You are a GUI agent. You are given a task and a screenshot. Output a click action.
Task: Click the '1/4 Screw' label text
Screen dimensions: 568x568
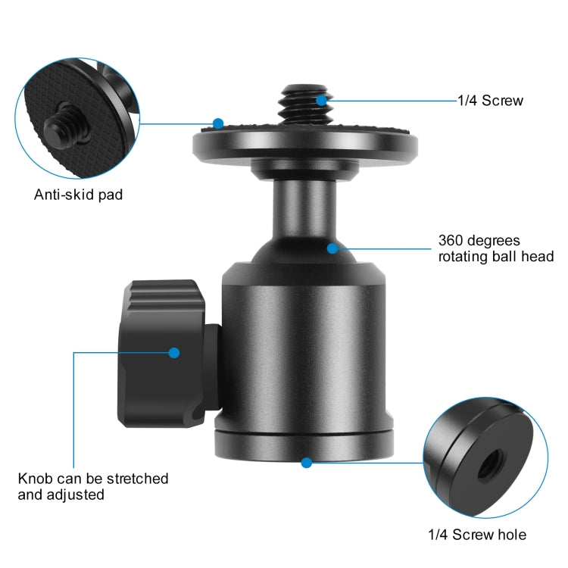click(490, 100)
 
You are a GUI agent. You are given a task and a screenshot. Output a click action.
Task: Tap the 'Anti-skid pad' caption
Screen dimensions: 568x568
click(78, 195)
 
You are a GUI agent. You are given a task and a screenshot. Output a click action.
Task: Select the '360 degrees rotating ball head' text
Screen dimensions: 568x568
click(495, 249)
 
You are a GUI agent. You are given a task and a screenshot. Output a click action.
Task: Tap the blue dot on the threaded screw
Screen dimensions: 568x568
click(321, 99)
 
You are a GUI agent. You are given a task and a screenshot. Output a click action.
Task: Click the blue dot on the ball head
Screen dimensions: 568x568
click(332, 247)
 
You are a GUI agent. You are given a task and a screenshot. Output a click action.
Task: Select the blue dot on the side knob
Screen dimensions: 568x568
click(174, 352)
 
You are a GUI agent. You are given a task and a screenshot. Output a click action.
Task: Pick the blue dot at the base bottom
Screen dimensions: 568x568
click(306, 462)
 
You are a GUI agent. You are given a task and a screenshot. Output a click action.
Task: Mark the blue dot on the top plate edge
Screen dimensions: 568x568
click(218, 123)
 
